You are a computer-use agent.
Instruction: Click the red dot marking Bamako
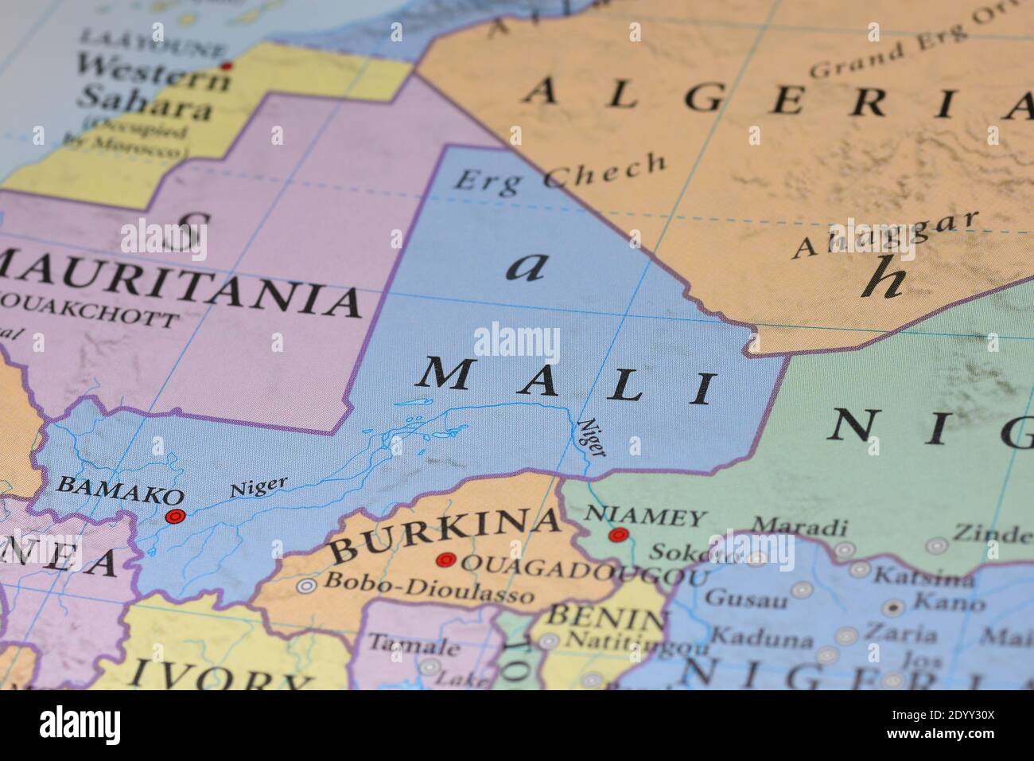coord(174,516)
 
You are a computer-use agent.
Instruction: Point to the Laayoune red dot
coord(227,65)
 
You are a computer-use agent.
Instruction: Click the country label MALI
coord(566,382)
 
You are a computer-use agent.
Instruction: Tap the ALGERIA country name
coord(775,100)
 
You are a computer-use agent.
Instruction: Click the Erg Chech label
coord(559,172)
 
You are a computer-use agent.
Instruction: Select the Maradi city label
coord(799,527)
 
